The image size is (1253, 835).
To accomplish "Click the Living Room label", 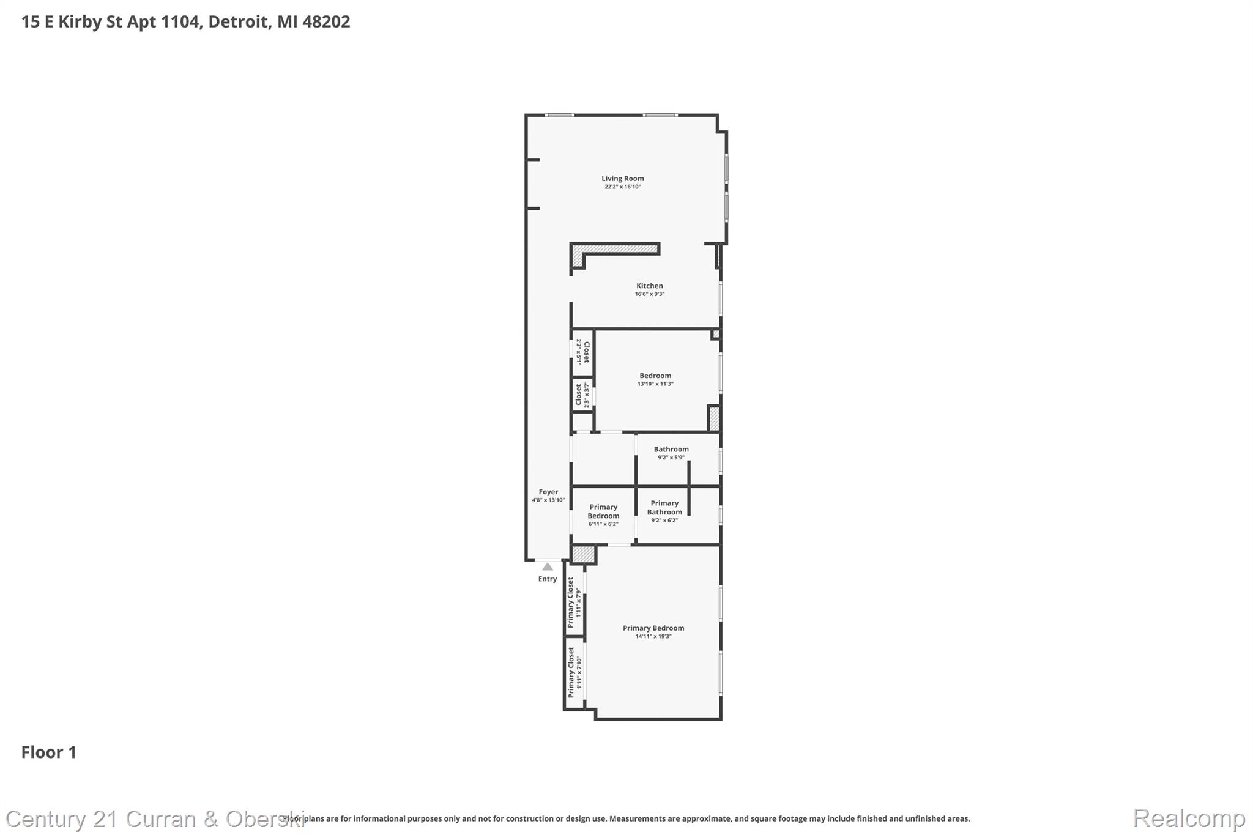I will point(622,179).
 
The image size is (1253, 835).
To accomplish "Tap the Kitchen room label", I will point(649,286).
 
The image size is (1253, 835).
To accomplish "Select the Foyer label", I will point(548,492).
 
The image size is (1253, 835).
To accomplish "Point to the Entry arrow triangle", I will point(548,567).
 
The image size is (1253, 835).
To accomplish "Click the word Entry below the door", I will point(548,579).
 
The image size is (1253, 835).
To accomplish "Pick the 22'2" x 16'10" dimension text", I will point(622,187).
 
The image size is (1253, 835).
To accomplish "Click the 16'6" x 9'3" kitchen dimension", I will point(649,294).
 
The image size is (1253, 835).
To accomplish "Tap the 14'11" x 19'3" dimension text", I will point(653,637).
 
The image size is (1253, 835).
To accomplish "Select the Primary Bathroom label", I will point(664,508).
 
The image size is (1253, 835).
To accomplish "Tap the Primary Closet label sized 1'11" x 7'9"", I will point(573,603).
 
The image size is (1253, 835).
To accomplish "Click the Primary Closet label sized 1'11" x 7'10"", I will point(573,672).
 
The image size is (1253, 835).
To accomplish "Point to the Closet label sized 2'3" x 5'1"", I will point(583,352).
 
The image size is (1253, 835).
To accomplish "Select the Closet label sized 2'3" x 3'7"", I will point(582,395).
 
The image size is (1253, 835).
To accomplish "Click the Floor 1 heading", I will point(49,752).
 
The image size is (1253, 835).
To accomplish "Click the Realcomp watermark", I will point(1189,818).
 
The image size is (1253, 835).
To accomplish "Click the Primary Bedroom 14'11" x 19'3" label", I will point(653,628).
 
